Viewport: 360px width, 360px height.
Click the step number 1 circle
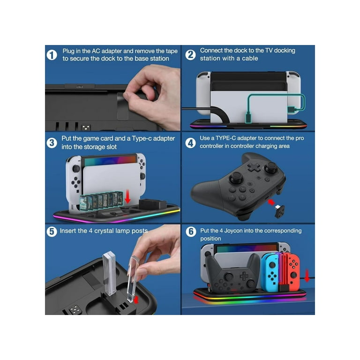pos(52,55)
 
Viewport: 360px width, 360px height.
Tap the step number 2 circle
pos(190,55)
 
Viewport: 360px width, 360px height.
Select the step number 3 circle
pos(52,143)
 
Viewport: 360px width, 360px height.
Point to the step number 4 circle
pos(190,143)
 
